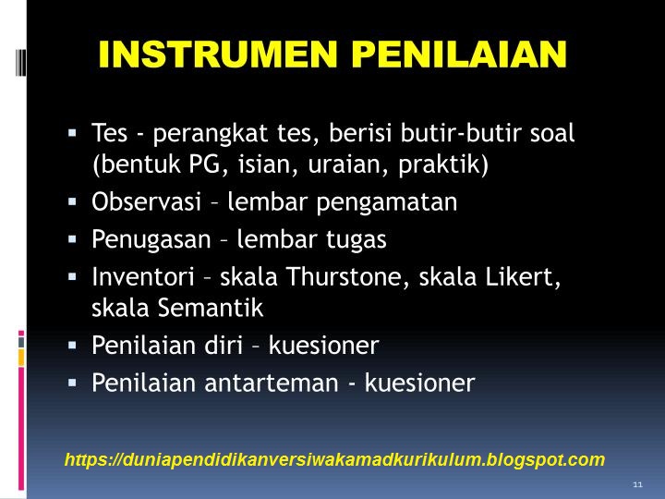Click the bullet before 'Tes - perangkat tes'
72,132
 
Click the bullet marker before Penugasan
72,238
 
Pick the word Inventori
143,275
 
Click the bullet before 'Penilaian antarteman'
72,382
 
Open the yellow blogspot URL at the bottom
334,459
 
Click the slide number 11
637,485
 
